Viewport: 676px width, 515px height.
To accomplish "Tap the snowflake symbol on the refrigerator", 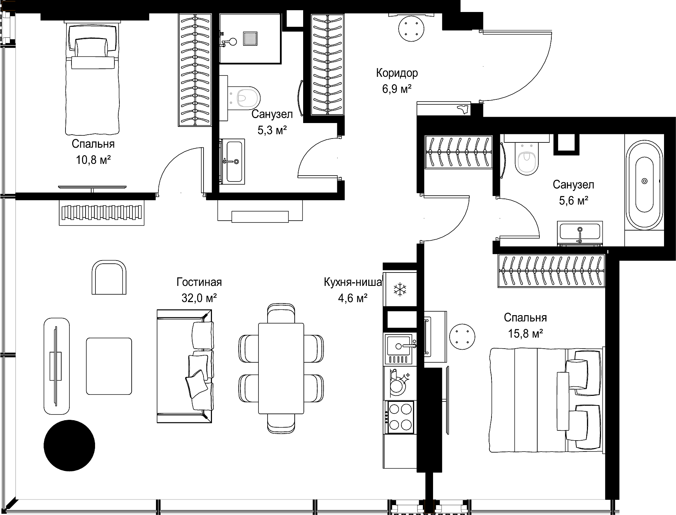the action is [x=400, y=289].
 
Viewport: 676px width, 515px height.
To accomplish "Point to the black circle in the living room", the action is [x=69, y=446].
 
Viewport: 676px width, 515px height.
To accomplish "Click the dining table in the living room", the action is [x=281, y=368].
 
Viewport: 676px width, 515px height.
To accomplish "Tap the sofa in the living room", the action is [x=184, y=366].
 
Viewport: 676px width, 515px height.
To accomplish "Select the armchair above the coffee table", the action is [x=109, y=277].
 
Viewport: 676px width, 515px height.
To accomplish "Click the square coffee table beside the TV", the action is [x=109, y=366].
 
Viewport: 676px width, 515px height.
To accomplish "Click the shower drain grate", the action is [x=250, y=38].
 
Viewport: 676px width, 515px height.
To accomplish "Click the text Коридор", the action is [x=397, y=73].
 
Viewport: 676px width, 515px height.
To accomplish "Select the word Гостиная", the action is [x=199, y=282].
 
